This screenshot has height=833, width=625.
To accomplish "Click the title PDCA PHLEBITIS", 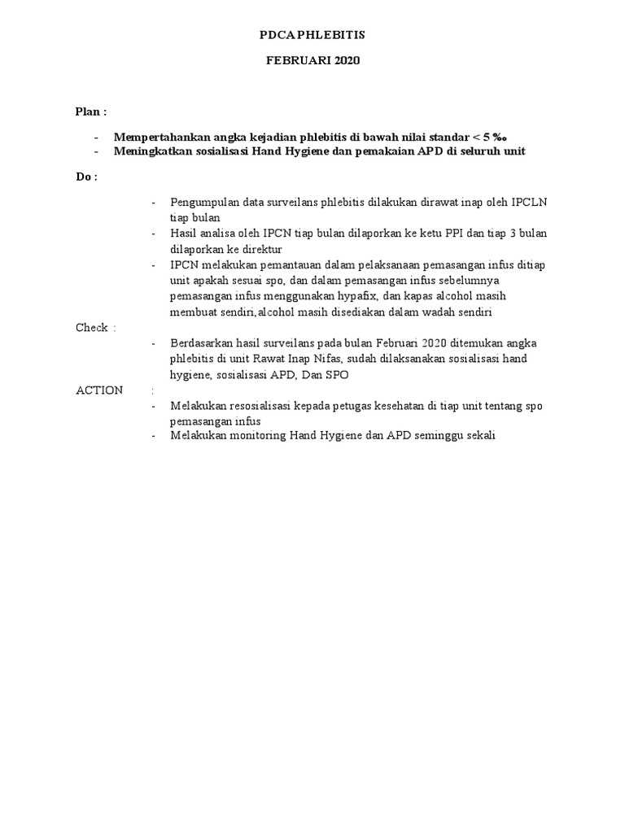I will click(x=312, y=35).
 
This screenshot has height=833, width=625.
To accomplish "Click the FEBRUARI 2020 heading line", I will click(x=312, y=61).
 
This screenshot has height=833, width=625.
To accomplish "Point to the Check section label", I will click(x=92, y=328).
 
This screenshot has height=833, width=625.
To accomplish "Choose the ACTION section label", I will click(x=99, y=390).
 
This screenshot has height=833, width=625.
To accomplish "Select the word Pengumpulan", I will click(x=203, y=202).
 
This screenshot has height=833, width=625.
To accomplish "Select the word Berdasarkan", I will click(x=200, y=343).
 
